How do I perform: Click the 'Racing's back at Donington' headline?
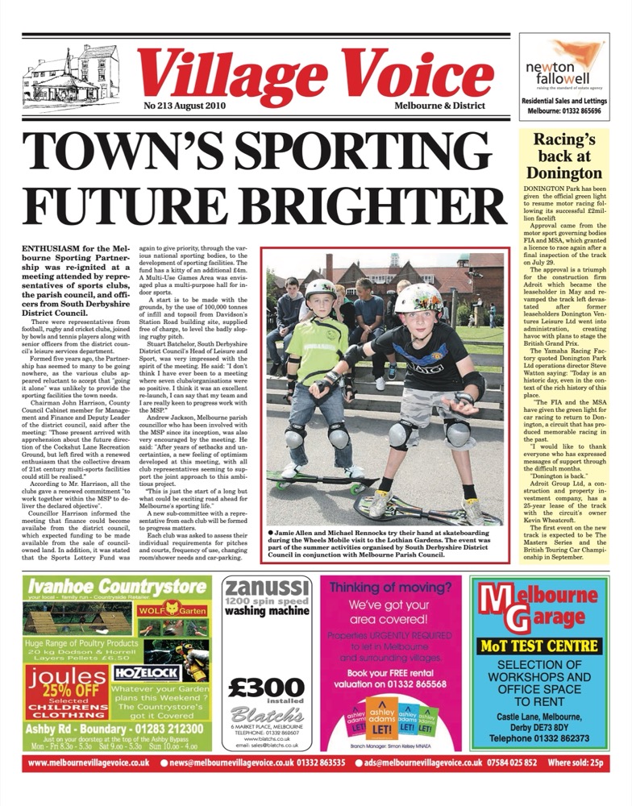(x=563, y=156)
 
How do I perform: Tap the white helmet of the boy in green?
(x=321, y=290)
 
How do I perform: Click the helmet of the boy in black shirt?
(x=419, y=298)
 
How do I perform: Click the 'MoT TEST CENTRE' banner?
(x=539, y=646)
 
